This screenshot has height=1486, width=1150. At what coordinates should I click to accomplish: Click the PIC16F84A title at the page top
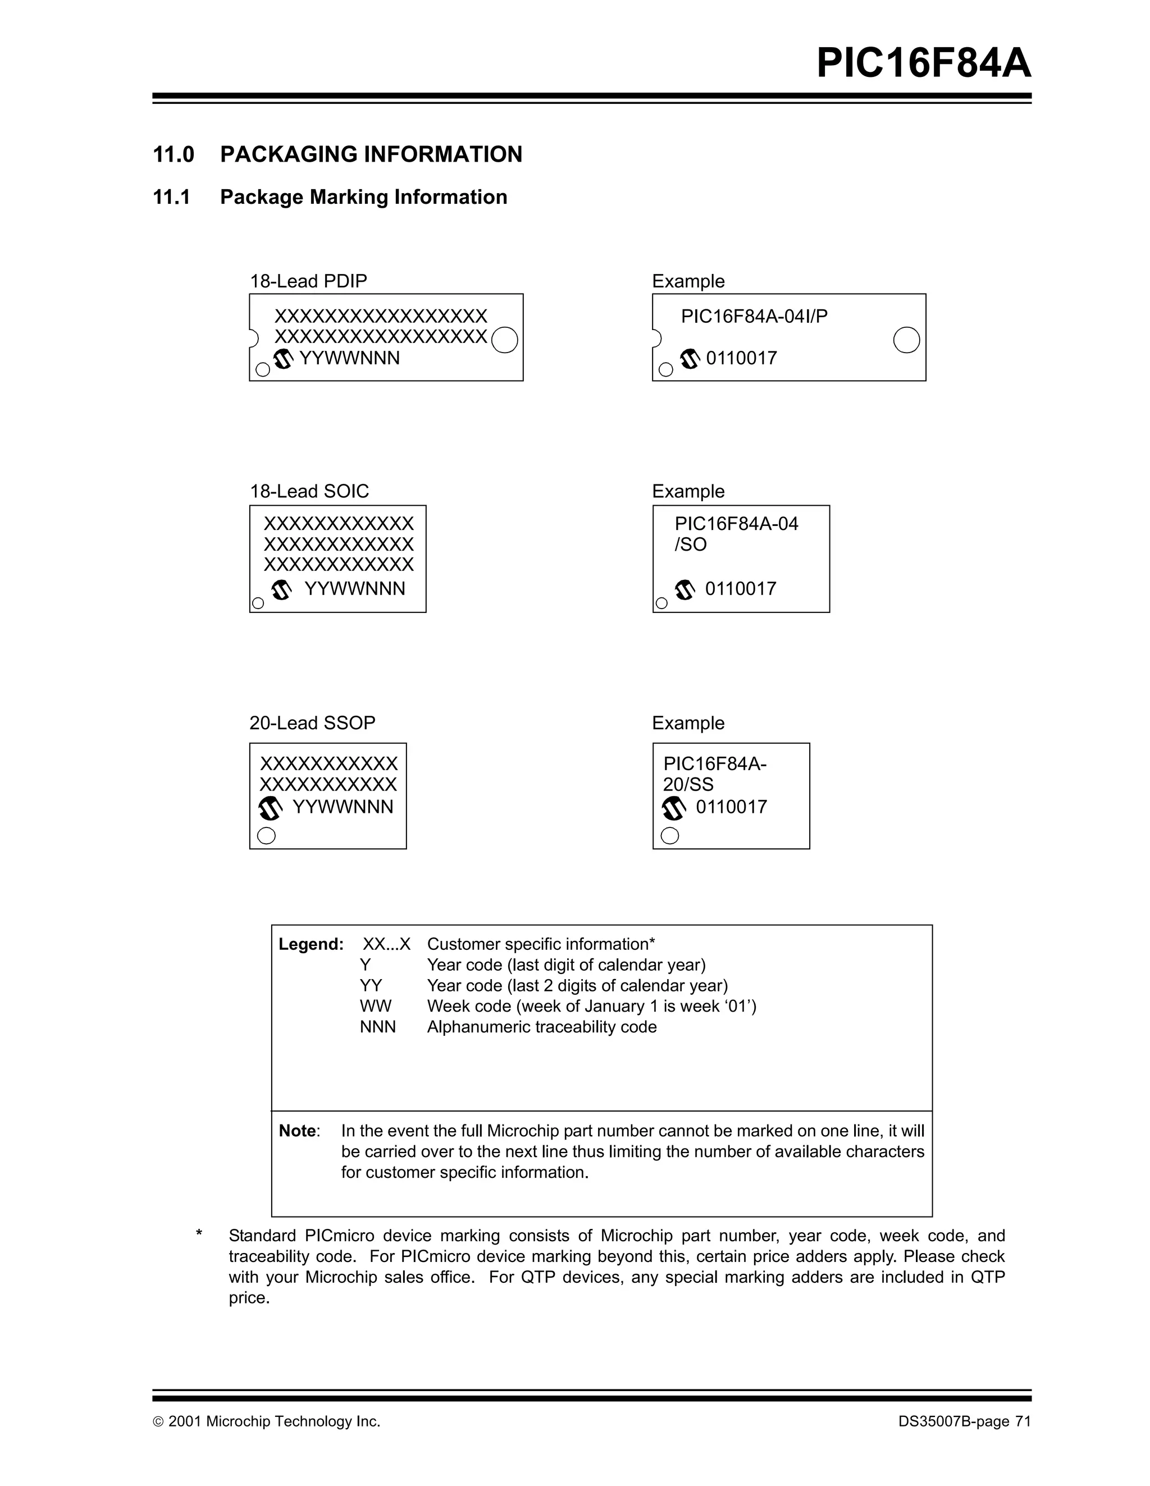click(923, 63)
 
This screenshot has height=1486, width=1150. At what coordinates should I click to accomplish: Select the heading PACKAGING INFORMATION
click(371, 154)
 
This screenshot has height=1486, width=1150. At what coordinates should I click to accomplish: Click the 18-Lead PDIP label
click(308, 281)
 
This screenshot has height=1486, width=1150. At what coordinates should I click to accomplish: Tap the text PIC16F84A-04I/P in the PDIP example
click(754, 317)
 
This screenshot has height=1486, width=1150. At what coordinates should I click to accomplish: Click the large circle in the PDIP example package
click(906, 340)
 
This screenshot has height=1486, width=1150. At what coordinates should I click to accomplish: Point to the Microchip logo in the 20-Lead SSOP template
click(271, 808)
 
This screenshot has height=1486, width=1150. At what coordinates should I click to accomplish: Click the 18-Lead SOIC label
click(309, 491)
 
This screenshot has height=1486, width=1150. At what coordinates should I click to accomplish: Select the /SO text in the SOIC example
click(690, 545)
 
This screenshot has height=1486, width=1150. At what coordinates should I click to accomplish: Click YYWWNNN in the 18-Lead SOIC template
click(354, 588)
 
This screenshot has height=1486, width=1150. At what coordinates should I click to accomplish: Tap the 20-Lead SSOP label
click(312, 723)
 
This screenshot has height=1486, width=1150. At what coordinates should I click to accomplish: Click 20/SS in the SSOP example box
click(688, 784)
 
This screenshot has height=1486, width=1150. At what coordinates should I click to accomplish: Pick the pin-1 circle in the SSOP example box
click(669, 835)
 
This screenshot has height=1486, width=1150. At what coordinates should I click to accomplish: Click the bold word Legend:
click(311, 944)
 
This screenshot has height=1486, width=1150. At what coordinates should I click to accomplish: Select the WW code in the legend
click(376, 1007)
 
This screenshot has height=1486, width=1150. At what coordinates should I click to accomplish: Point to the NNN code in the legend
click(378, 1027)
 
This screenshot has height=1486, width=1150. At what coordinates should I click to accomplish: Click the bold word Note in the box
click(298, 1131)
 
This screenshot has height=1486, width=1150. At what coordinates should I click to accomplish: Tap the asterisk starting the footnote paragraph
click(199, 1233)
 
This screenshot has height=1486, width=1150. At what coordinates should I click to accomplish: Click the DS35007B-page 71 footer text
click(964, 1421)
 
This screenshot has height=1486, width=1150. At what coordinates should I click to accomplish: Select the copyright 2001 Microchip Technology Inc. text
click(266, 1421)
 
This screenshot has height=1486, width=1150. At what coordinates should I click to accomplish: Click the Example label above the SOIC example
click(688, 491)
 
